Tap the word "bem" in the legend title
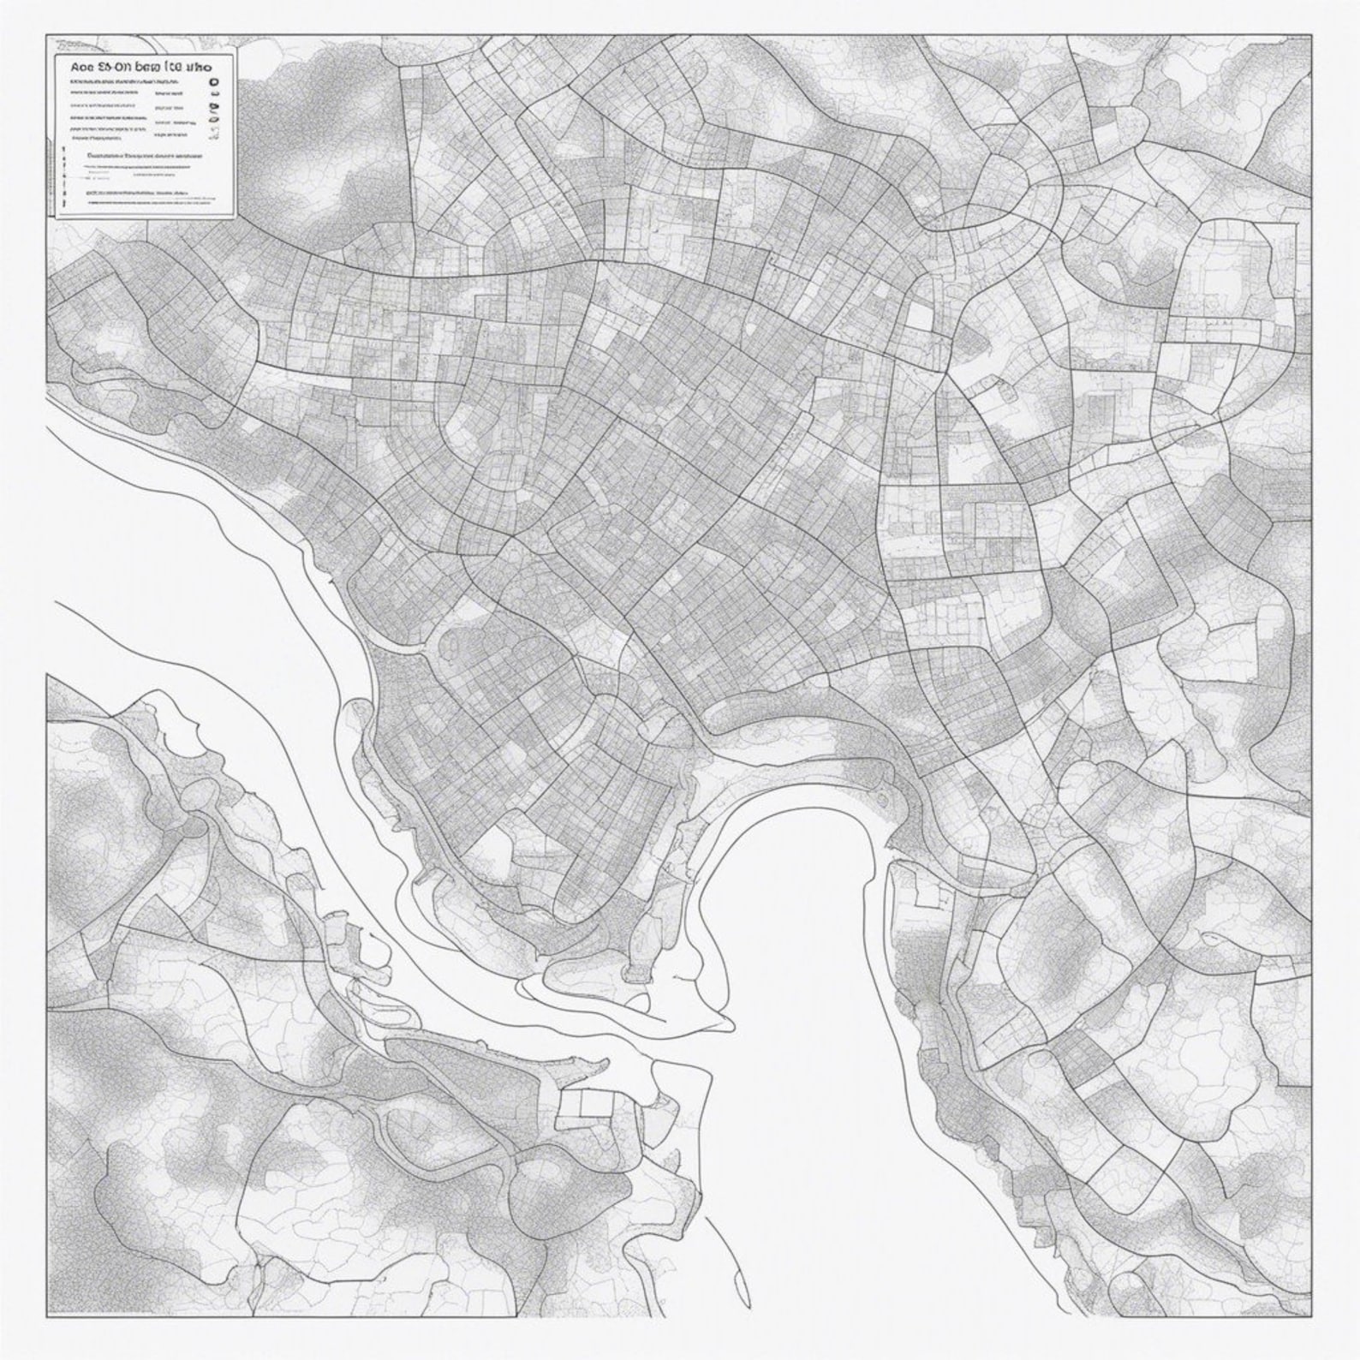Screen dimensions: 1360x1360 [151, 64]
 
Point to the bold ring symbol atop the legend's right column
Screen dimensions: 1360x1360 [214, 85]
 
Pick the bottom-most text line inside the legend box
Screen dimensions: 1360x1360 [137, 196]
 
